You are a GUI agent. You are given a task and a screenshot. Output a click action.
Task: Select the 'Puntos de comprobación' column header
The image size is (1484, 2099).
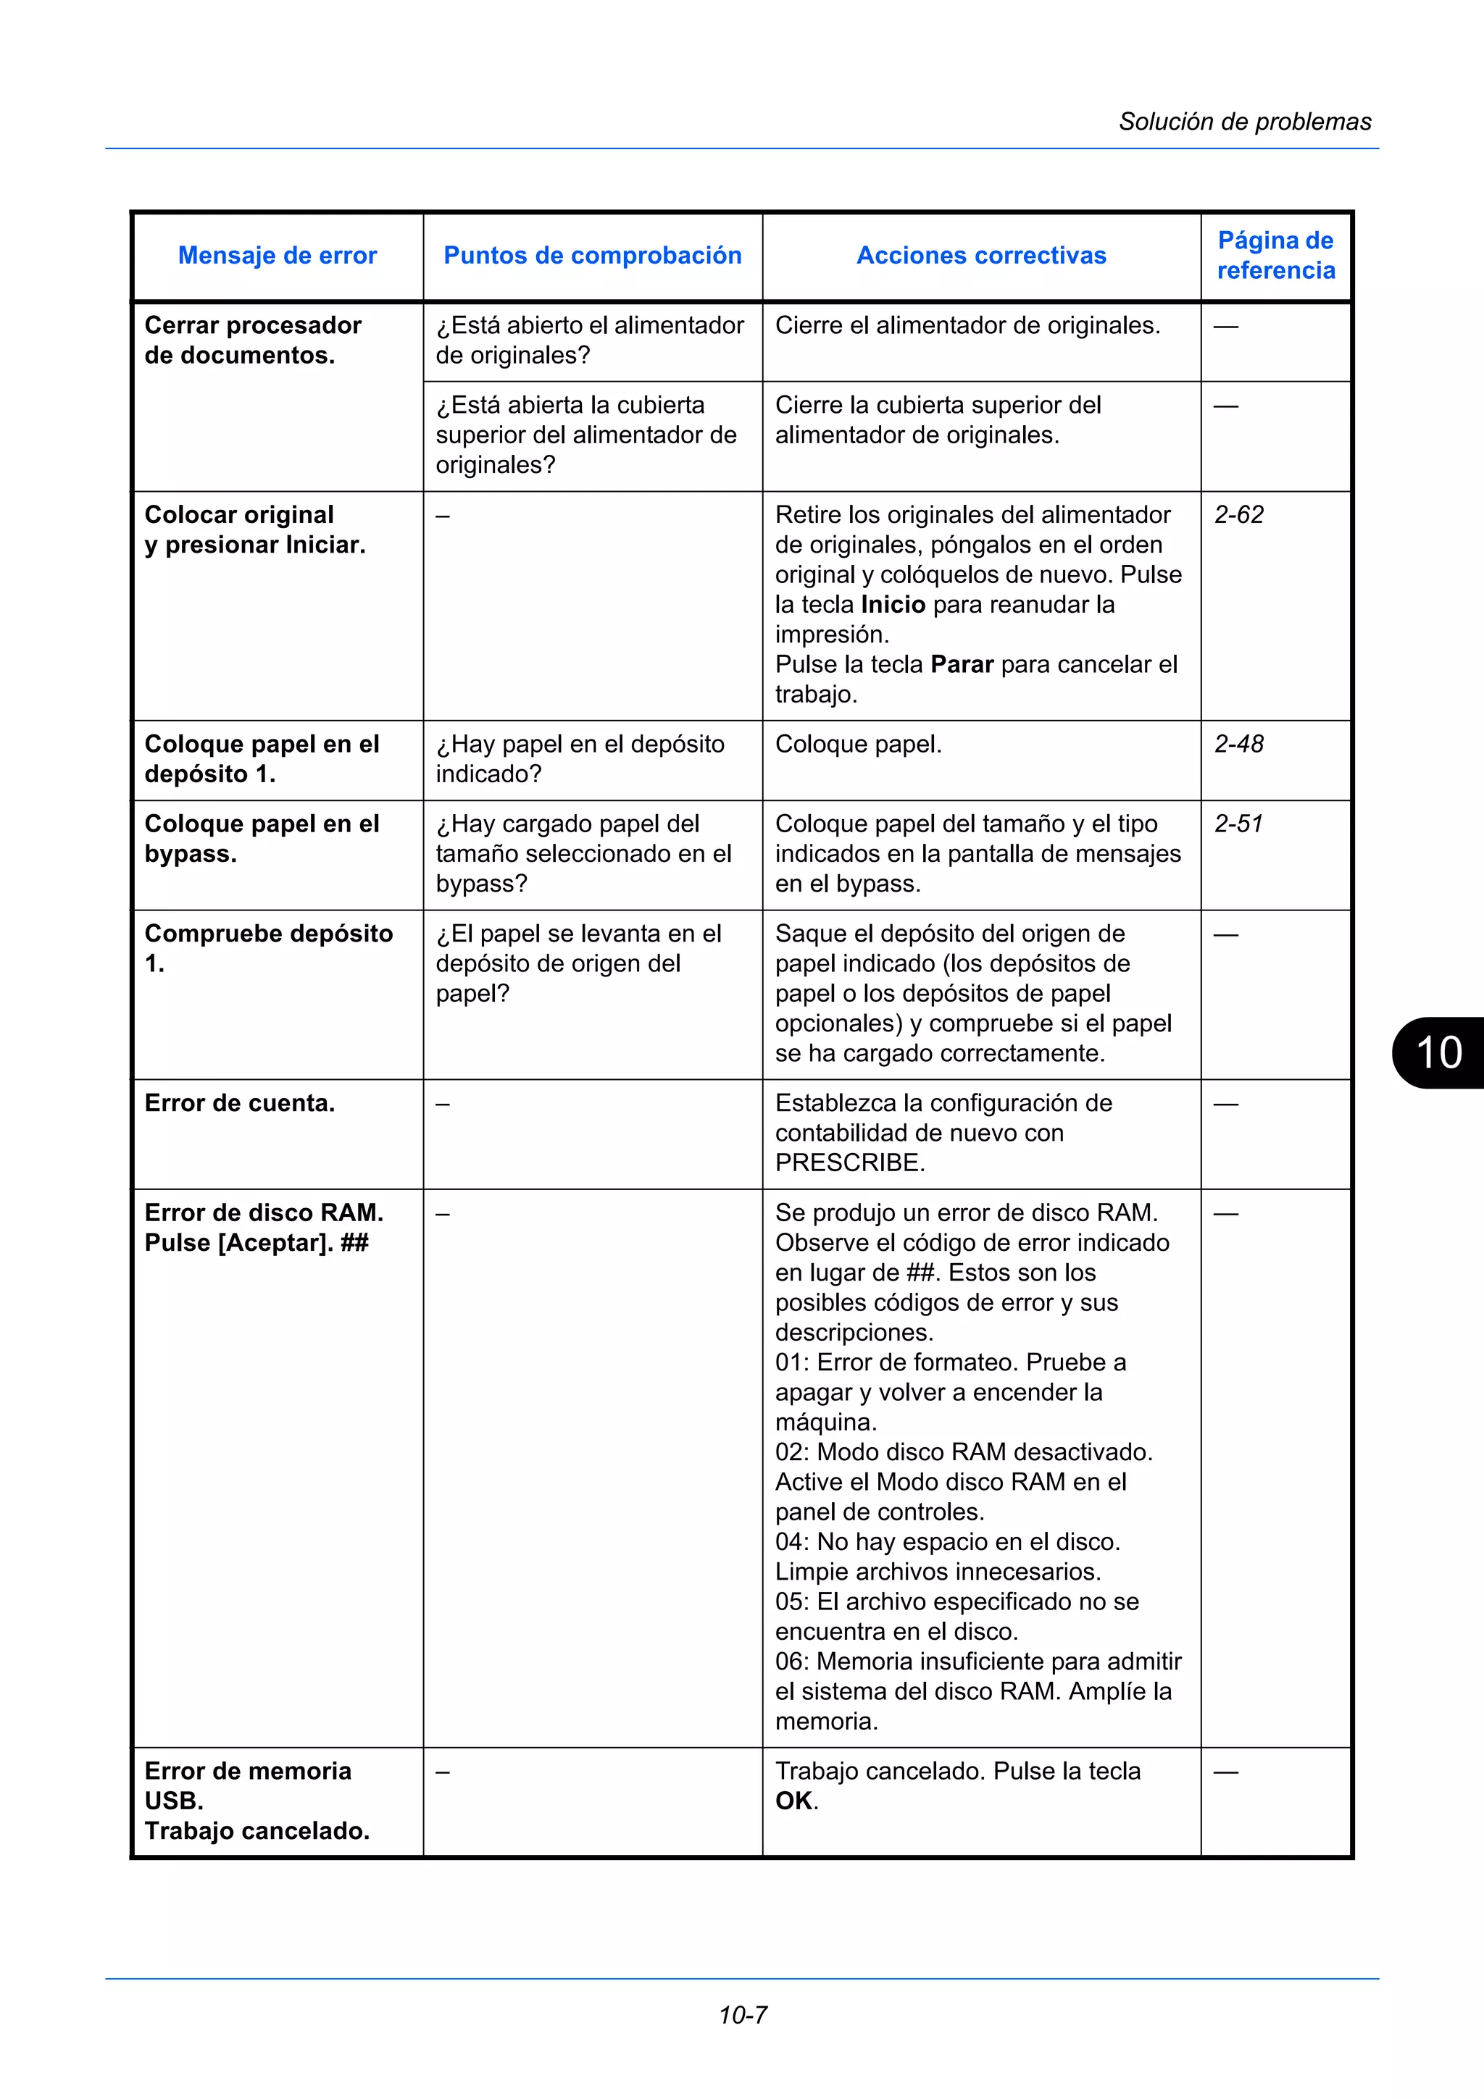593,255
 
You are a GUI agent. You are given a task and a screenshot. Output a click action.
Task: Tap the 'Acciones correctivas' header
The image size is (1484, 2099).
981,255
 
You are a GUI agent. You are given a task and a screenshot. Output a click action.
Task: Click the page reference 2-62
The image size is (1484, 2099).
1238,515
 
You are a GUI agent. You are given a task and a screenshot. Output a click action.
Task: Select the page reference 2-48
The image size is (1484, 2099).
1238,744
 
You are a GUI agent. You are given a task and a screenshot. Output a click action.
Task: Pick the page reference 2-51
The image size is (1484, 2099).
1238,824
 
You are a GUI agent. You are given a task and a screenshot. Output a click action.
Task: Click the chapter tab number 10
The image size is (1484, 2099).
1438,1052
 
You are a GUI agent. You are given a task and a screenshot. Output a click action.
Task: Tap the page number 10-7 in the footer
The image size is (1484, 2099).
743,2015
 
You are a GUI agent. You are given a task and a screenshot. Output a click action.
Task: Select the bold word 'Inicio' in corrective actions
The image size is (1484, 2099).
893,604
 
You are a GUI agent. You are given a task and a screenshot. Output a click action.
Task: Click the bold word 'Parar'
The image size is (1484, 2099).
962,665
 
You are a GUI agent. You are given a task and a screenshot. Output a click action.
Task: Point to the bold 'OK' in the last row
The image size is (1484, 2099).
793,1801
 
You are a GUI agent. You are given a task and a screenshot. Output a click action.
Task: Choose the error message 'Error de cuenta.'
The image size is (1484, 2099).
240,1103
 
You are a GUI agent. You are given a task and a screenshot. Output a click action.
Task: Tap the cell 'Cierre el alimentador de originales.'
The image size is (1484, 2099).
967,325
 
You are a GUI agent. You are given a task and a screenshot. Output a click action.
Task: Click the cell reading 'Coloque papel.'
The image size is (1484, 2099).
858,744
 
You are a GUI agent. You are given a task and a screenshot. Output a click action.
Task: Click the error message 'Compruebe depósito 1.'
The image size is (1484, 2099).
268,948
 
